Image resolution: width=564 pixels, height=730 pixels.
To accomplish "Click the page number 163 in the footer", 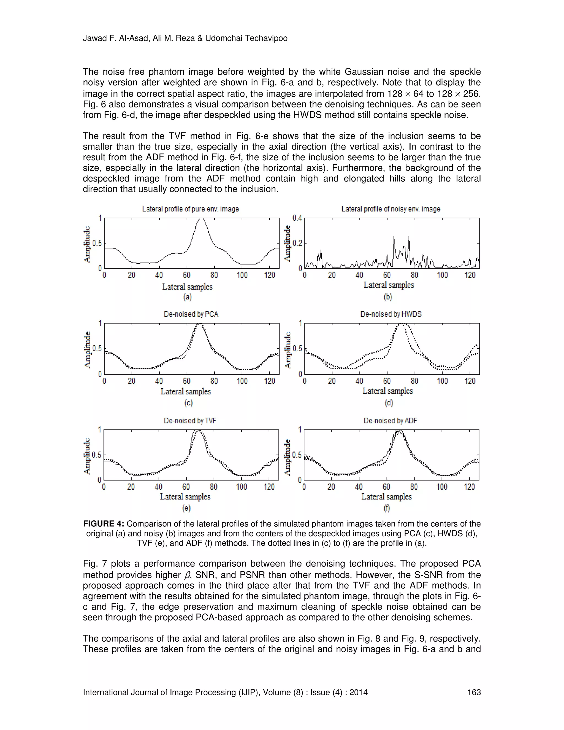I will pyautogui.click(x=474, y=692).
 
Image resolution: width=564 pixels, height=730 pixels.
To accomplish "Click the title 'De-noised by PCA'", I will pyautogui.click(x=191, y=314).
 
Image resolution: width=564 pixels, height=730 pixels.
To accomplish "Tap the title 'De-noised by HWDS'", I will pyautogui.click(x=391, y=314).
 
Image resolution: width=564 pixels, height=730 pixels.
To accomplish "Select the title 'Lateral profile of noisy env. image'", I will pyautogui.click(x=391, y=209).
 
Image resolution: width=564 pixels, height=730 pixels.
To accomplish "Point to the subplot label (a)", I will pyautogui.click(x=188, y=297).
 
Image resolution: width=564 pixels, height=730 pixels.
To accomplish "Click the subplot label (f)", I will pyautogui.click(x=387, y=508).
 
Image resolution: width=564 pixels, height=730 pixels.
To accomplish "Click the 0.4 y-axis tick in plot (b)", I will pyautogui.click(x=297, y=218).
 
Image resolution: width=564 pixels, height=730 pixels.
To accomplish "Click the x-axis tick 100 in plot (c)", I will pyautogui.click(x=242, y=381).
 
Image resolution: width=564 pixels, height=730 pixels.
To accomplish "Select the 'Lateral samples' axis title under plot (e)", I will pyautogui.click(x=185, y=497).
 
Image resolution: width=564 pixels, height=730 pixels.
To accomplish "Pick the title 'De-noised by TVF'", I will pyautogui.click(x=190, y=420).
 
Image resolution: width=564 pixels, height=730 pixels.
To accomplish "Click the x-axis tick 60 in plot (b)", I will pyautogui.click(x=387, y=275).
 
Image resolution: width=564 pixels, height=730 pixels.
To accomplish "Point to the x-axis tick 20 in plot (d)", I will pyautogui.click(x=332, y=381).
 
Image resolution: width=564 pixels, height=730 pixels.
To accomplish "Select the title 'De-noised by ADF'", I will pyautogui.click(x=390, y=420).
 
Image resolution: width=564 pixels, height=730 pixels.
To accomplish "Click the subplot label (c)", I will pyautogui.click(x=188, y=403).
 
